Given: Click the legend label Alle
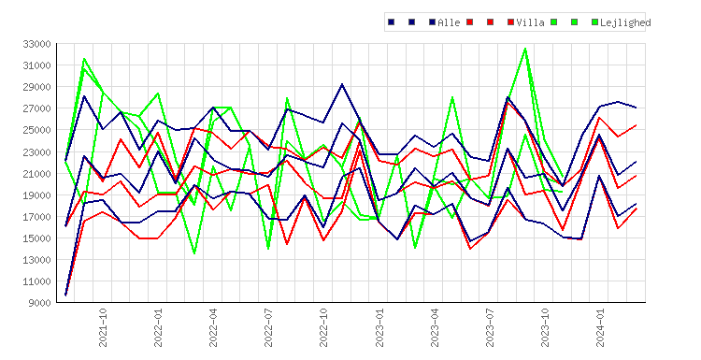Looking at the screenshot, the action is point(449,22).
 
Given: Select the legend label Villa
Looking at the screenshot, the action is point(530,22).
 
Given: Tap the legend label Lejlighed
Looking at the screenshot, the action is point(625,22).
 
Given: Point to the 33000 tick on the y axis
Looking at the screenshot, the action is point(36,44).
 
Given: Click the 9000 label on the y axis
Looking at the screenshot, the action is point(39,303).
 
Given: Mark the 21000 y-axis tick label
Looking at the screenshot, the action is point(36,174).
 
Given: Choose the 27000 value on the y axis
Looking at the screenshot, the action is point(36,108).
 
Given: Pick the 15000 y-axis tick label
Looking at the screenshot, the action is point(36,238).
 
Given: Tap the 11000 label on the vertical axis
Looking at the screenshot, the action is point(36,281).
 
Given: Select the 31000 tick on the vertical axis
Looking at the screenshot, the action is point(36,65).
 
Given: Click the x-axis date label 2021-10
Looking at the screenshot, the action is point(103,328).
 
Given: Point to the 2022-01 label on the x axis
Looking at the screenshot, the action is point(158,328).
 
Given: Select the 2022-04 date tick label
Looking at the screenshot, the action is point(213,328).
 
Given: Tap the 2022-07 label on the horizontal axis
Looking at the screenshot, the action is point(268,328).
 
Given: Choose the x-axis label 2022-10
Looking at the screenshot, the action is point(323,328).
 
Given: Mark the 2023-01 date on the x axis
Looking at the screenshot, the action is point(379,328).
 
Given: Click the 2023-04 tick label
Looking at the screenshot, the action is point(435,328).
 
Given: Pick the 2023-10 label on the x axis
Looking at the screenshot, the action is point(545,328).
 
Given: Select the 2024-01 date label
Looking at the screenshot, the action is point(600,328).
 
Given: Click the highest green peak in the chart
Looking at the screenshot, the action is point(525,49).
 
